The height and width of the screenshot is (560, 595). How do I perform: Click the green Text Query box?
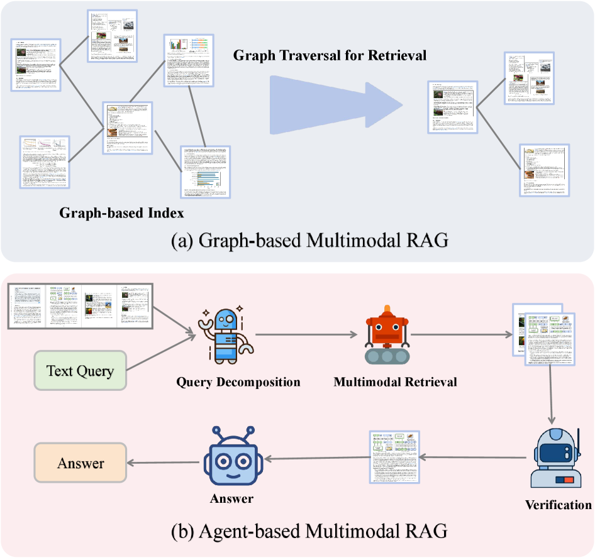(x=80, y=370)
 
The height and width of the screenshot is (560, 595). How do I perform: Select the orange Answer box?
(x=80, y=464)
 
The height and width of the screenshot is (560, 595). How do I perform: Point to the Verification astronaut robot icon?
(x=553, y=459)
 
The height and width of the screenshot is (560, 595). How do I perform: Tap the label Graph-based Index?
(x=121, y=213)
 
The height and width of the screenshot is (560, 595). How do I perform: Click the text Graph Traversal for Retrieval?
(x=330, y=55)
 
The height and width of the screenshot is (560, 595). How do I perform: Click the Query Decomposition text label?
(x=238, y=382)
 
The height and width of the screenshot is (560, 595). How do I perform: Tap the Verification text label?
(x=557, y=505)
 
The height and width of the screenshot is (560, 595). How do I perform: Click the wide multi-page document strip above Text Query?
(x=80, y=305)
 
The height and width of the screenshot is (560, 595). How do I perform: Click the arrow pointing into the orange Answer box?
(x=165, y=464)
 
